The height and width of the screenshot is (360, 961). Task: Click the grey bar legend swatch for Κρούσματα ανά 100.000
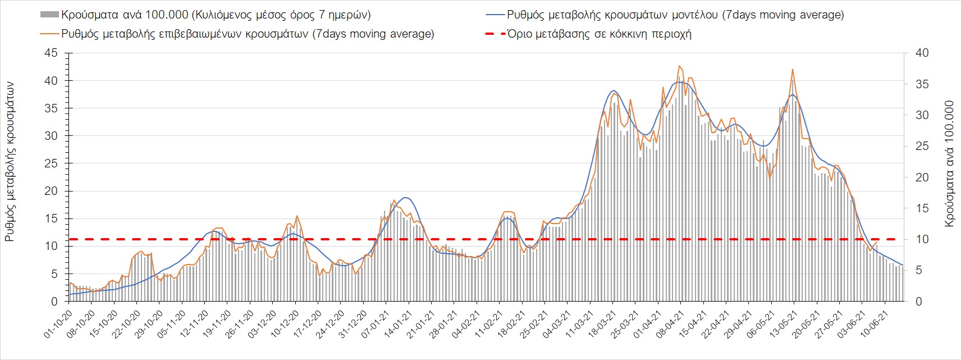pyautogui.click(x=49, y=15)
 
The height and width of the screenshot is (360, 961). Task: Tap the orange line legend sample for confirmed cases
pyautogui.click(x=49, y=34)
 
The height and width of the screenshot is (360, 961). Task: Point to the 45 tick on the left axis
pyautogui.click(x=51, y=53)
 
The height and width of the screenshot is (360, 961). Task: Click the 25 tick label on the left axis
pyautogui.click(x=51, y=163)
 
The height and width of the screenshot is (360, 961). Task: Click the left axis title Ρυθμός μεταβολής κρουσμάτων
pyautogui.click(x=10, y=162)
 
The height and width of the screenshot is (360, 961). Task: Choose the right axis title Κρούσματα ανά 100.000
pyautogui.click(x=949, y=164)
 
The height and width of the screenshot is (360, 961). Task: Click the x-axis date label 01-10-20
pyautogui.click(x=58, y=325)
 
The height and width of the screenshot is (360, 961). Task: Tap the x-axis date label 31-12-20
pyautogui.click(x=353, y=325)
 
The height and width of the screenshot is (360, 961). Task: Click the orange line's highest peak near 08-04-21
pyautogui.click(x=679, y=66)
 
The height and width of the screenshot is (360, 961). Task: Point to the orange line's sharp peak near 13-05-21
pyautogui.click(x=792, y=69)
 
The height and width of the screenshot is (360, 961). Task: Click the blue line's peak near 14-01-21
pyautogui.click(x=406, y=198)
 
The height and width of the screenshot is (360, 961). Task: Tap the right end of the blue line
pyautogui.click(x=903, y=265)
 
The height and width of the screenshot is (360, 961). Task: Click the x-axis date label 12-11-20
pyautogui.click(x=194, y=325)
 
